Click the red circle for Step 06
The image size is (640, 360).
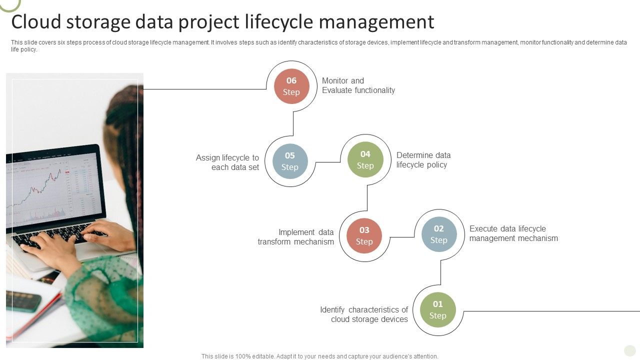pos(291,86)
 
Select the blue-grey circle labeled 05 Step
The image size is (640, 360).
pos(290,161)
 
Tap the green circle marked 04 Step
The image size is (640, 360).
pos(365,160)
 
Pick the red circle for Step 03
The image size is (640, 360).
pos(364,235)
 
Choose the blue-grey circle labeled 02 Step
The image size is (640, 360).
pos(439,234)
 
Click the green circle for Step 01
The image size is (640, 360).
pos(438,309)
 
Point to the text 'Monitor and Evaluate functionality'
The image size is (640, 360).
pos(358,85)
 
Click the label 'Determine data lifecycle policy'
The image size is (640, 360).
pos(423,160)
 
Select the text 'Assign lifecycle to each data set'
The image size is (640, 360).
pos(228,162)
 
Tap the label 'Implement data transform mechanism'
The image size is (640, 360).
pos(296,237)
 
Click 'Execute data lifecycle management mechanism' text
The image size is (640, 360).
pos(513,233)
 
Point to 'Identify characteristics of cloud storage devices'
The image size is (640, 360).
pos(364,314)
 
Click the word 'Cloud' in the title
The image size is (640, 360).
pos(37,22)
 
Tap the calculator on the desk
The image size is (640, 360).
pos(23,301)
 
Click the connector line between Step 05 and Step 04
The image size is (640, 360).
pos(328,162)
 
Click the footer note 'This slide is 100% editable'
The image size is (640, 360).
pos(319,356)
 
